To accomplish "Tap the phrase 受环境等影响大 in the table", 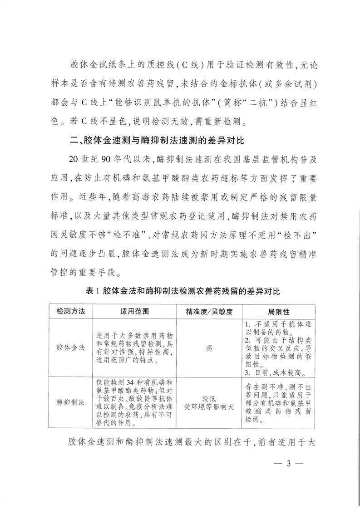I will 209,406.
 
